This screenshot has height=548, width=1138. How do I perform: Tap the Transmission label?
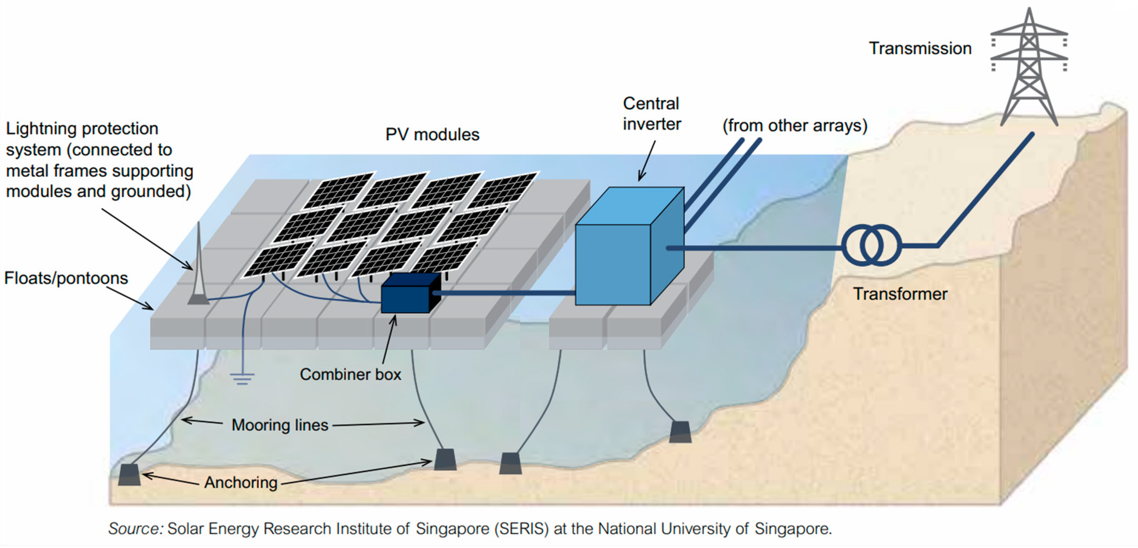click(x=920, y=48)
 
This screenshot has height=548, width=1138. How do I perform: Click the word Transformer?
click(x=900, y=294)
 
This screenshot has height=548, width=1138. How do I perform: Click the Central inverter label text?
click(x=652, y=114)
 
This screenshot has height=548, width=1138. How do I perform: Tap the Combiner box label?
click(x=350, y=374)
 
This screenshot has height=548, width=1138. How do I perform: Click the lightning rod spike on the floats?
click(x=198, y=265)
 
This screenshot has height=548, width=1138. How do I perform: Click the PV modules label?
click(x=432, y=135)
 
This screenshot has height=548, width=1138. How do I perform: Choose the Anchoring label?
click(x=241, y=483)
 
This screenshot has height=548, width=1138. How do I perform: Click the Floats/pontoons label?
click(x=66, y=278)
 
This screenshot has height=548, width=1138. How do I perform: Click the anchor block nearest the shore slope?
click(x=680, y=432)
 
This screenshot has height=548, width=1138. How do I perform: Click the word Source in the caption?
click(x=136, y=529)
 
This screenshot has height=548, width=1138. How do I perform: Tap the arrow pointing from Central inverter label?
click(x=646, y=161)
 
